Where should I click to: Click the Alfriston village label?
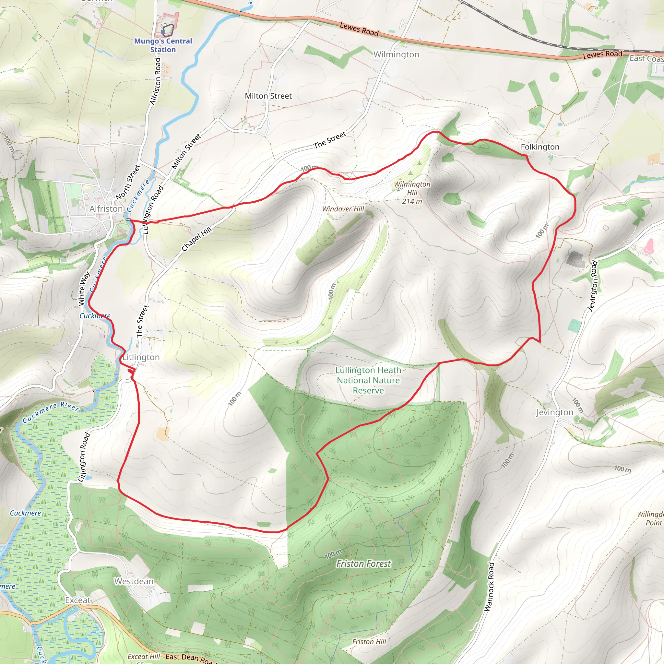(106, 208)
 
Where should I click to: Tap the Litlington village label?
(141, 357)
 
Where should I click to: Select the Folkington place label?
(540, 147)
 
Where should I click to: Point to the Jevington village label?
(555, 412)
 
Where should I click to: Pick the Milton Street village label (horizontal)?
(268, 96)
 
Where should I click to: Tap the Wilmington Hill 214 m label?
(412, 193)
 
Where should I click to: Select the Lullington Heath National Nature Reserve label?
(368, 380)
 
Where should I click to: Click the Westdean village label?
(134, 581)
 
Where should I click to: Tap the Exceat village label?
(78, 600)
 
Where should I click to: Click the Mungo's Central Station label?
(163, 45)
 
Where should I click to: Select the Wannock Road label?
(489, 591)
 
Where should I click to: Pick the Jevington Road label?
(593, 286)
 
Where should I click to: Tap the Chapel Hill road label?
(196, 239)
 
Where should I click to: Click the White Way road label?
(84, 288)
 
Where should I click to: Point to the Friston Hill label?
(369, 642)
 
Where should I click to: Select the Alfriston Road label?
(155, 81)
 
